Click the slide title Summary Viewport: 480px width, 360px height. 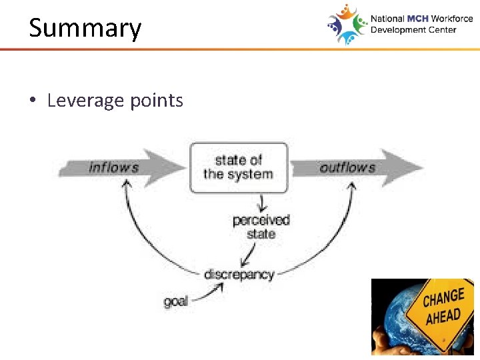click(85, 29)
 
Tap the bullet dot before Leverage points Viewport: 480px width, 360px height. click(33, 101)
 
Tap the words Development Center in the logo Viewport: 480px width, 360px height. click(413, 30)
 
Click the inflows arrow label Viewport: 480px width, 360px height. click(113, 167)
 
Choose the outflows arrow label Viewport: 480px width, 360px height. click(347, 167)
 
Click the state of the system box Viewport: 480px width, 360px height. click(239, 167)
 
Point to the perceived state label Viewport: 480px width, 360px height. click(261, 227)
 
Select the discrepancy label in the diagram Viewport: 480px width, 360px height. click(239, 274)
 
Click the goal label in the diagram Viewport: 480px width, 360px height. click(176, 301)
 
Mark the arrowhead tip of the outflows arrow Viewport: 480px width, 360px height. click(423, 167)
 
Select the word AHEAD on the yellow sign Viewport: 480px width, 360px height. click(444, 317)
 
